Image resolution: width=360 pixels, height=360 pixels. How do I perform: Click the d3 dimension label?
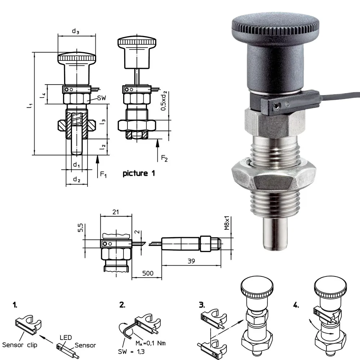tap(76, 31)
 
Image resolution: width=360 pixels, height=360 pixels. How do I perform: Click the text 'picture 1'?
tap(139, 174)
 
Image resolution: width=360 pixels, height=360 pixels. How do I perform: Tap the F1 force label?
tap(103, 175)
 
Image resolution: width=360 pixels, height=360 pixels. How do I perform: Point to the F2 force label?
tap(165, 158)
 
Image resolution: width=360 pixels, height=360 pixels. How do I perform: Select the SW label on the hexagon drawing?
tap(102, 98)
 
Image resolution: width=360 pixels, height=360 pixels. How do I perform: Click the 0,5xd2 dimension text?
tap(164, 101)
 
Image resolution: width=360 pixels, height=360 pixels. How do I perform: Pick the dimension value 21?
tap(116, 212)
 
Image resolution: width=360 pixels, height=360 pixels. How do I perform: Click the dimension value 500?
tap(148, 273)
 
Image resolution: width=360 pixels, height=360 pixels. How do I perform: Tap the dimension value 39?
tap(191, 261)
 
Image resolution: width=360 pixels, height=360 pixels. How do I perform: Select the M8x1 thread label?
tap(227, 223)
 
